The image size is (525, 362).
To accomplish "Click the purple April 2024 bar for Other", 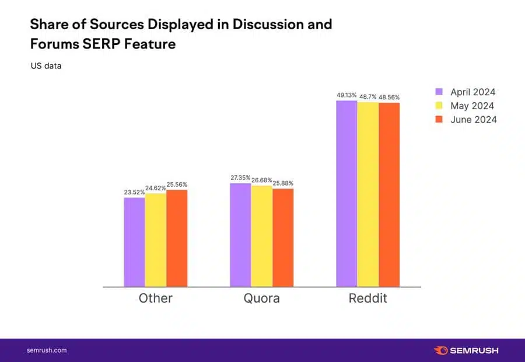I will point(134,242).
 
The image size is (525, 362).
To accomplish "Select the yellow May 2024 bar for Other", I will point(156,240).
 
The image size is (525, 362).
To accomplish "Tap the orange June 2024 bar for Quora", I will point(283,238).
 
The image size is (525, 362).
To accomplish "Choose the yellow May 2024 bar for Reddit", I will point(368,194).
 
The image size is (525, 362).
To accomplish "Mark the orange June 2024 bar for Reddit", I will point(389,195).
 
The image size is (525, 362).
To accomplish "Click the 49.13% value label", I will point(346,95).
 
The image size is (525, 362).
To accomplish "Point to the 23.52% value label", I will point(134,192).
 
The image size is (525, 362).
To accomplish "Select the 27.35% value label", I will point(240,177).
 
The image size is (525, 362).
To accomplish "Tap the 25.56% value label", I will point(177,185).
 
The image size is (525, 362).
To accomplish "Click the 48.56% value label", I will point(389,98).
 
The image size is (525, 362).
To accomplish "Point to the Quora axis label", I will point(262,298).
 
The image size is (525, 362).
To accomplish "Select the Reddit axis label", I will point(368,298).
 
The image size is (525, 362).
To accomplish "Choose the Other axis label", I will point(156,298).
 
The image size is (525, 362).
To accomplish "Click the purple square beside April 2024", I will point(440,92).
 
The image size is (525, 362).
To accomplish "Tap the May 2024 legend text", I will point(472,106).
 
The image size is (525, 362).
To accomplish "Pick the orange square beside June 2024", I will point(440,119).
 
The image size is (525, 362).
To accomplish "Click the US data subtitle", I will point(46,66).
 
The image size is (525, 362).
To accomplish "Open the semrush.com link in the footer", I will point(47,350).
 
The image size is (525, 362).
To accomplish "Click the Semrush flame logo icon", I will point(441,350).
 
